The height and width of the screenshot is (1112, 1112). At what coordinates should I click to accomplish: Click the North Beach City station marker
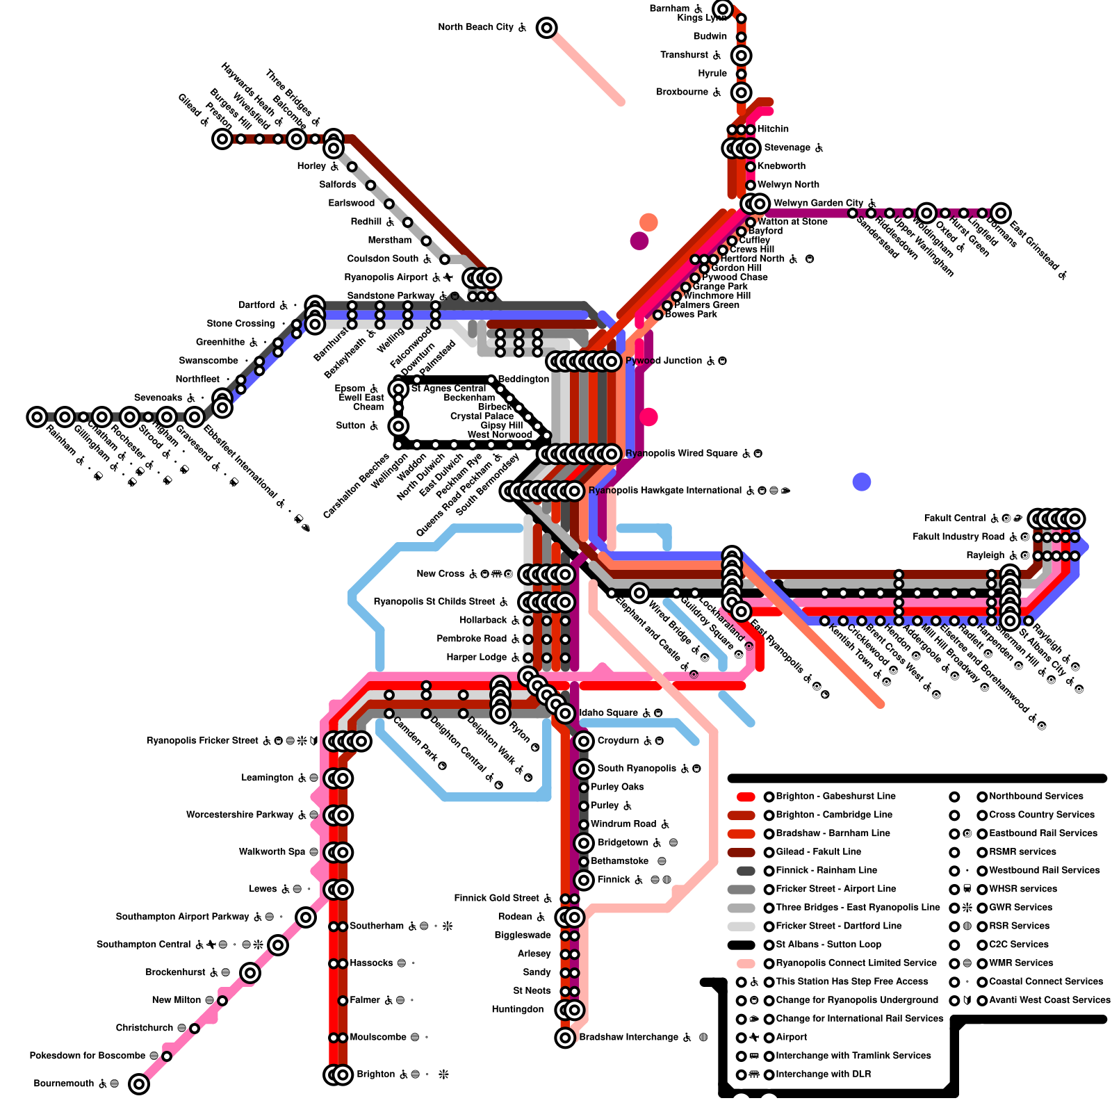[547, 28]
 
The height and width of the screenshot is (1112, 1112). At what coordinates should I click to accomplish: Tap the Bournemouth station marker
[139, 1084]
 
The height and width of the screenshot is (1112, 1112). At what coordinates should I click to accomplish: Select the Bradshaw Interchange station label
[628, 1038]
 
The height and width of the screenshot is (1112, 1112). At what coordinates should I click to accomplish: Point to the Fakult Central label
[954, 518]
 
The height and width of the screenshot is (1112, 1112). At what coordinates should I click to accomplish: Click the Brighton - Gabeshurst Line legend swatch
[746, 796]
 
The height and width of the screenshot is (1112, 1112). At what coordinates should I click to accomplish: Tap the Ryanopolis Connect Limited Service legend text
[856, 963]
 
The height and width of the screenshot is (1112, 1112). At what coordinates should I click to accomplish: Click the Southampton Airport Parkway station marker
[306, 917]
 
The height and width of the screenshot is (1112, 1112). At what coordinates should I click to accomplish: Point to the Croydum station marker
[584, 741]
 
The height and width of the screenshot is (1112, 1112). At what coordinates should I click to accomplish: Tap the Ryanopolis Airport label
[386, 277]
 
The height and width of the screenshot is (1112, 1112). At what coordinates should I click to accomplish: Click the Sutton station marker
[398, 426]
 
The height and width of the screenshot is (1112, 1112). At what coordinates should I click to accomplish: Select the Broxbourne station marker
[742, 92]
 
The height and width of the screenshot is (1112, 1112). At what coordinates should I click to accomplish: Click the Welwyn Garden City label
[818, 203]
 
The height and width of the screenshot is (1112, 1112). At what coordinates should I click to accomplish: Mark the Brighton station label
[375, 1074]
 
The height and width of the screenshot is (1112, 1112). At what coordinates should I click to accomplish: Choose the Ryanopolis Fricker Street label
[202, 741]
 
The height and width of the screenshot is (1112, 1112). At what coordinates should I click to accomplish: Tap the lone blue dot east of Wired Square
[862, 482]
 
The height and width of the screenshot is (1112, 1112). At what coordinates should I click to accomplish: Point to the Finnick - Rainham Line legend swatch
[746, 871]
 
